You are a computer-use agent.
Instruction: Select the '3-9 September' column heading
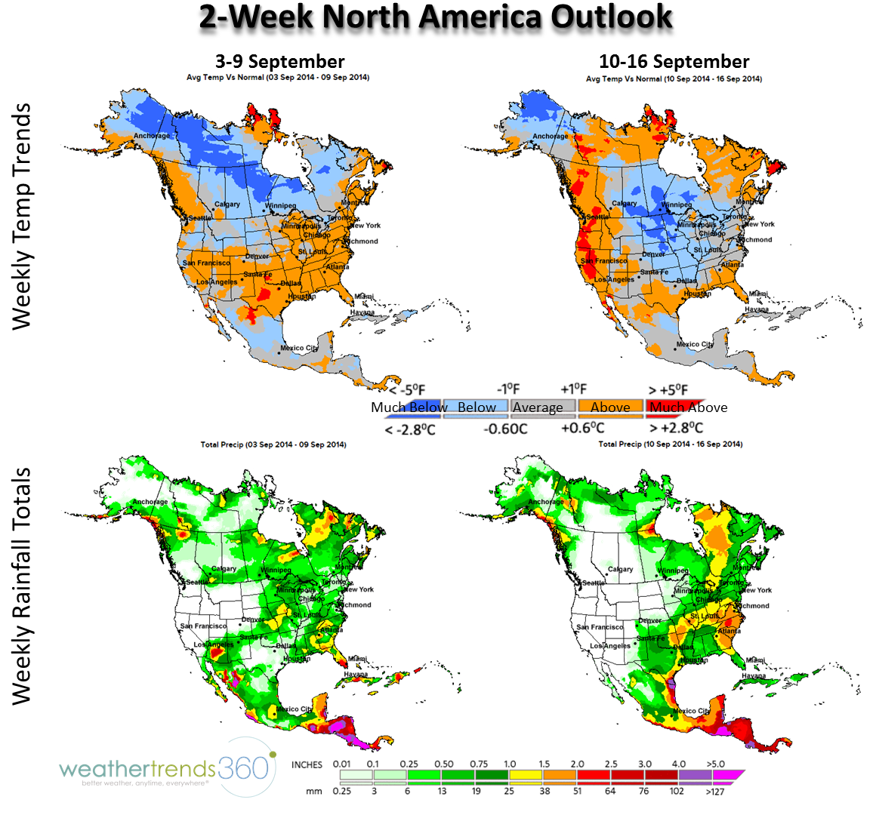pyautogui.click(x=279, y=62)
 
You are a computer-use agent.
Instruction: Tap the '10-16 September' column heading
pyautogui.click(x=674, y=62)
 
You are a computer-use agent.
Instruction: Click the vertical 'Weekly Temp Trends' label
pyautogui.click(x=23, y=217)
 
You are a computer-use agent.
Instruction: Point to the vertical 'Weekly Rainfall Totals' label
pyautogui.click(x=23, y=586)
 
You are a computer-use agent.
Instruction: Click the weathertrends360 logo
pyautogui.click(x=166, y=769)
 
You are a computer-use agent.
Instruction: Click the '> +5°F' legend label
pyautogui.click(x=668, y=389)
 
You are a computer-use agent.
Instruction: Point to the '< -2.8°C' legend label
pyautogui.click(x=410, y=429)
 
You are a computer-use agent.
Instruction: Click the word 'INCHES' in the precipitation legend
pyautogui.click(x=307, y=764)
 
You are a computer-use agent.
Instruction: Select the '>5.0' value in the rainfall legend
pyautogui.click(x=715, y=764)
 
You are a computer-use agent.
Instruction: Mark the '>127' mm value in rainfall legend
pyautogui.click(x=715, y=792)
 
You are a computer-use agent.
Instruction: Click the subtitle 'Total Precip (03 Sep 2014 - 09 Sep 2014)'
pyautogui.click(x=273, y=444)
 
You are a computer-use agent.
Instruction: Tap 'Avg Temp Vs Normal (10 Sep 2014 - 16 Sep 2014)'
pyautogui.click(x=674, y=78)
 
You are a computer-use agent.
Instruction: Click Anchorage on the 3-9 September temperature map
pyautogui.click(x=152, y=137)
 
